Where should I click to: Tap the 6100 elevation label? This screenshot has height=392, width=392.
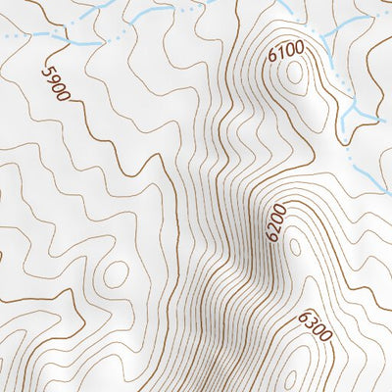click(285, 52)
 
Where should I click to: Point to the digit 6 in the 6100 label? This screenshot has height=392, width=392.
click(271, 58)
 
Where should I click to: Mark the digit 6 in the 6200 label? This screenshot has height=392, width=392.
click(269, 237)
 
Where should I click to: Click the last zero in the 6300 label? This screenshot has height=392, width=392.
click(326, 339)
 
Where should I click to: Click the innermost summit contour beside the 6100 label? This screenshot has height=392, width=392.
click(297, 76)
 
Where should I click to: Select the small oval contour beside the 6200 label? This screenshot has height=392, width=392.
click(293, 242)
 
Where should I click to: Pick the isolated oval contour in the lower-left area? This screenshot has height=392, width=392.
click(115, 273)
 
